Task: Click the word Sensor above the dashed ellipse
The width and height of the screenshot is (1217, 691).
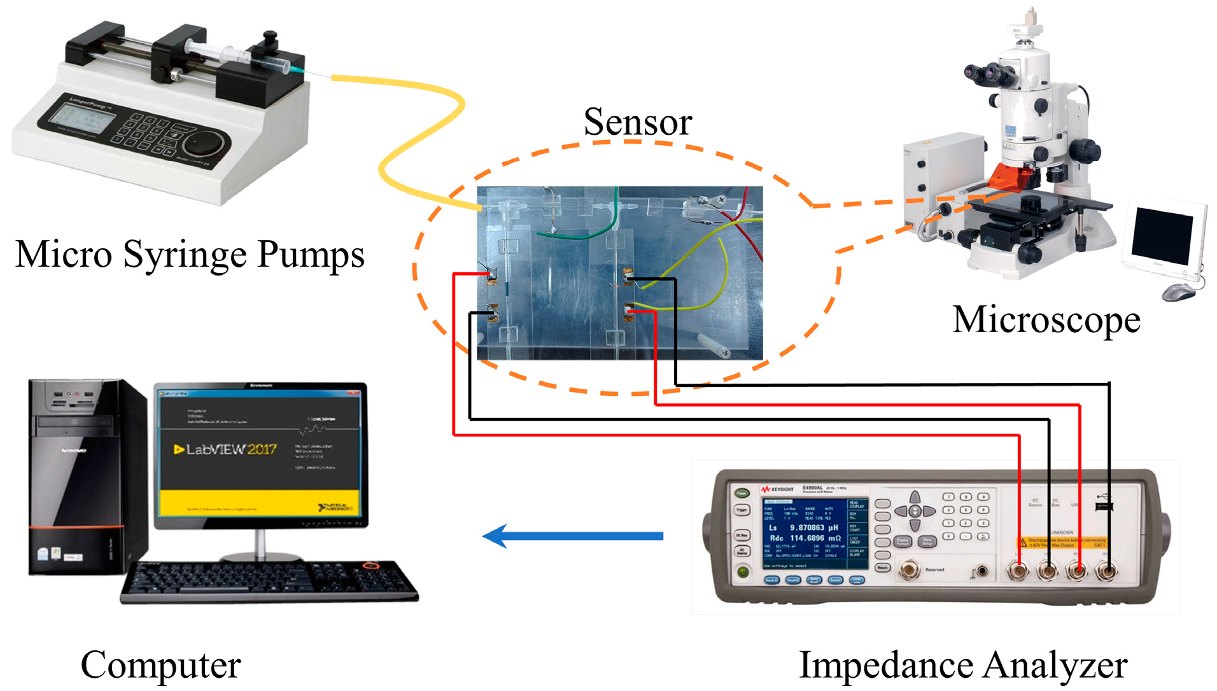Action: point(637,122)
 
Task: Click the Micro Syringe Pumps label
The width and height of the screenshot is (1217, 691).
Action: point(189,255)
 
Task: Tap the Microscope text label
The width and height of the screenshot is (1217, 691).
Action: point(1045,320)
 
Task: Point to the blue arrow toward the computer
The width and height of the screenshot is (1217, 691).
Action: point(573,536)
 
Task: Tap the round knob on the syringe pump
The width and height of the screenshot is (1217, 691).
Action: point(207,143)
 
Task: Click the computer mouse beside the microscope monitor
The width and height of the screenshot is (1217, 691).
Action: point(1178,293)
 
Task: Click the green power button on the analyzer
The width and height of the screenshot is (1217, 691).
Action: point(742,572)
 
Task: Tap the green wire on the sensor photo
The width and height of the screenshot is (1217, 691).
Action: point(586,233)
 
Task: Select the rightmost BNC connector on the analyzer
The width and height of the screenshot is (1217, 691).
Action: point(1107,571)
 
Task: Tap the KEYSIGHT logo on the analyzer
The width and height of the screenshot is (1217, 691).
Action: point(777,489)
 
